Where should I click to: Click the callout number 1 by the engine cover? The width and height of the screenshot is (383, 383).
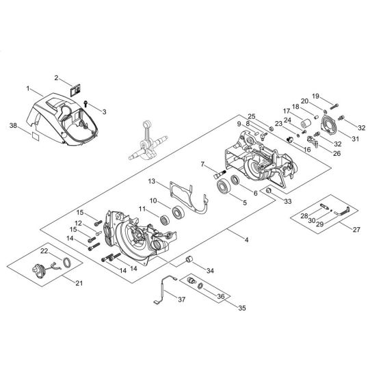pos(29,89)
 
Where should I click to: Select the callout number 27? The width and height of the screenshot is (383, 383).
pos(356,230)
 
